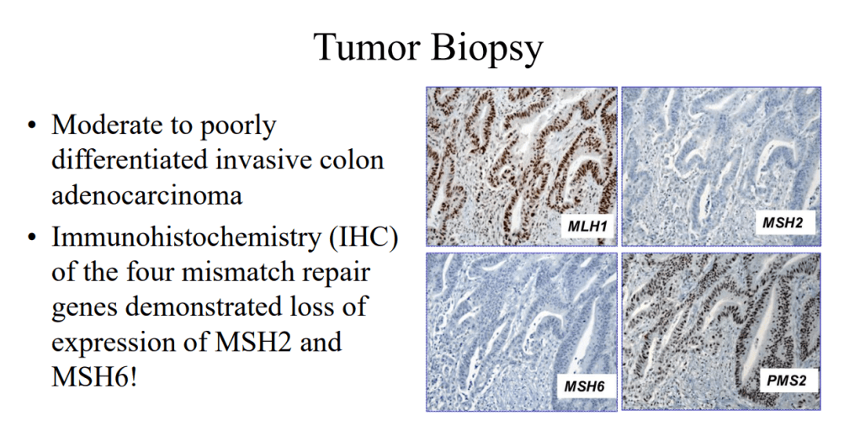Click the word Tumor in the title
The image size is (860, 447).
(367, 46)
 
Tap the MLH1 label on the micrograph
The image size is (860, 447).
(587, 226)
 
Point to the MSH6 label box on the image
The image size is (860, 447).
(585, 386)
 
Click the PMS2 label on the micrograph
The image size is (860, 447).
(787, 380)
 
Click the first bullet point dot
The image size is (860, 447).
(32, 125)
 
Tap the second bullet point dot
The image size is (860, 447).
(32, 238)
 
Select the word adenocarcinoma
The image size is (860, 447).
(147, 195)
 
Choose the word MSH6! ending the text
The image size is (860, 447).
(93, 377)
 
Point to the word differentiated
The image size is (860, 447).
(130, 160)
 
